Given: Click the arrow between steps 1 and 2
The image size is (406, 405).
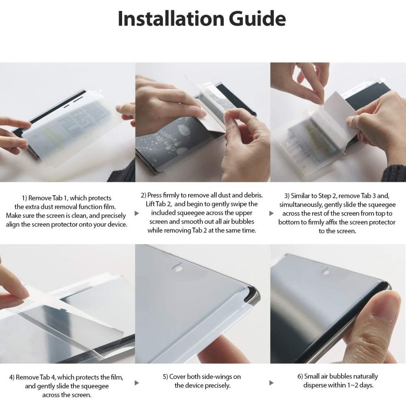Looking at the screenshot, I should [x=137, y=213].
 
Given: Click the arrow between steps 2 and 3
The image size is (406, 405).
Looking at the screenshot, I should [x=271, y=213].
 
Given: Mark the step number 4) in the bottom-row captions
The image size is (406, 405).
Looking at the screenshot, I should [x=13, y=377].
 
